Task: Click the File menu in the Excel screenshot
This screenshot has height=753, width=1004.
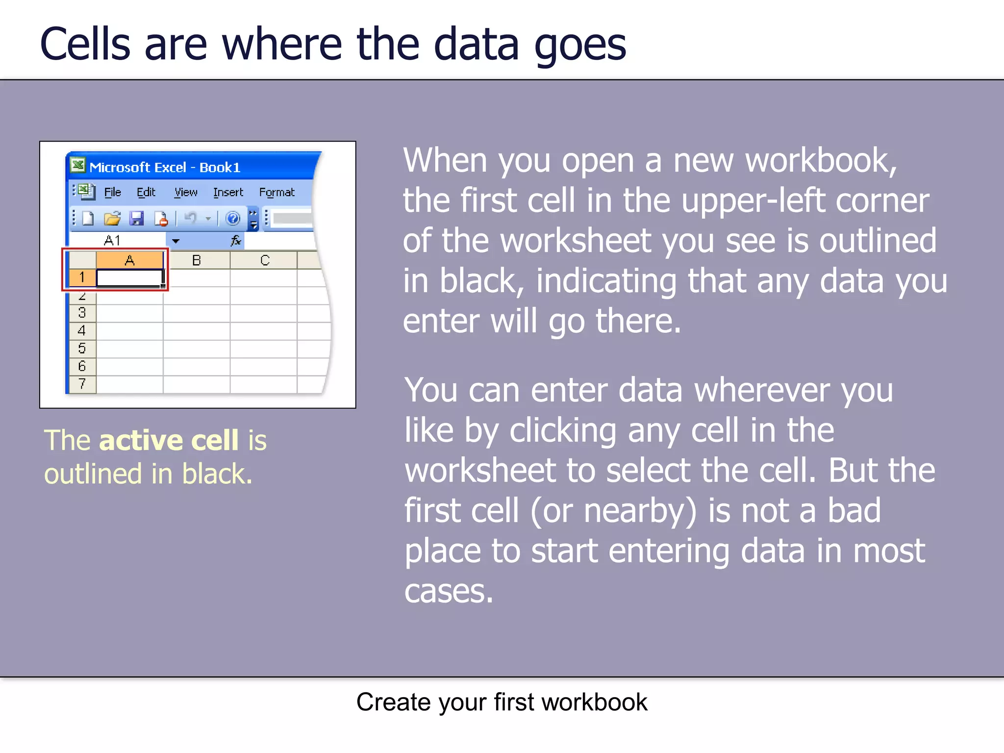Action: pyautogui.click(x=112, y=192)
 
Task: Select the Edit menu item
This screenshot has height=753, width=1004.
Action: pyautogui.click(x=146, y=192)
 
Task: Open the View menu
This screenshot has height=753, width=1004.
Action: pyautogui.click(x=186, y=192)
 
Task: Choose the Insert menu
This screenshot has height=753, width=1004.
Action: pyautogui.click(x=228, y=192)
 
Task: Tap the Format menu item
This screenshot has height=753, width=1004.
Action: pyautogui.click(x=276, y=192)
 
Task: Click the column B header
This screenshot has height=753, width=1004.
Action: pyautogui.click(x=197, y=260)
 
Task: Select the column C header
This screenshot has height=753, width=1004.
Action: pyautogui.click(x=265, y=260)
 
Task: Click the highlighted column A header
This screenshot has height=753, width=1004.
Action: pyautogui.click(x=129, y=260)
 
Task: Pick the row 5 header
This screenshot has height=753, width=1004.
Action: pyautogui.click(x=82, y=349)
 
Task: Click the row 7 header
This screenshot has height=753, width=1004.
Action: pyautogui.click(x=82, y=384)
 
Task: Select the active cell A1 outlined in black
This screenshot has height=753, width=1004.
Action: pyautogui.click(x=129, y=278)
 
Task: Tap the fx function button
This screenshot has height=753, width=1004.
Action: pyautogui.click(x=236, y=240)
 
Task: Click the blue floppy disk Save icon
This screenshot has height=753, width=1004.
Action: pyautogui.click(x=136, y=218)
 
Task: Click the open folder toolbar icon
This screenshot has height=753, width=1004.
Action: pyautogui.click(x=112, y=218)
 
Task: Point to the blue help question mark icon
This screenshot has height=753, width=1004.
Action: pyautogui.click(x=233, y=218)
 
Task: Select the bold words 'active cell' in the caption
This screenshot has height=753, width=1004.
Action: pyautogui.click(x=169, y=440)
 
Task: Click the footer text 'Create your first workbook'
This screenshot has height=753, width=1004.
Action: pyautogui.click(x=502, y=702)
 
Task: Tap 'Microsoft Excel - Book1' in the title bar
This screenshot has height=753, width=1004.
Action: pyautogui.click(x=165, y=168)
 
